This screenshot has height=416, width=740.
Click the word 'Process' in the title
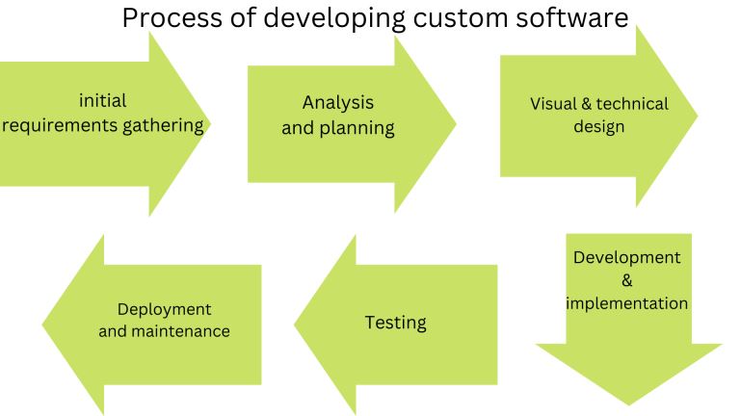coord(172,18)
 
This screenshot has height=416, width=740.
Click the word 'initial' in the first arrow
coord(102,100)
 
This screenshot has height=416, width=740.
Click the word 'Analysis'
coord(338,103)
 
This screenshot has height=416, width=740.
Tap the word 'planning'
coord(357,128)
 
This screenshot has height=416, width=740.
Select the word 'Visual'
coord(553,104)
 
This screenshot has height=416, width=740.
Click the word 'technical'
coord(632,104)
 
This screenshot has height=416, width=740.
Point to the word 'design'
coord(599,127)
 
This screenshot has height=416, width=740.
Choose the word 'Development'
coord(626,257)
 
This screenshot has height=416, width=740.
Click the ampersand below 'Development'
coord(626,280)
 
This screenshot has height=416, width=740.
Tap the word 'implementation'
coord(626,303)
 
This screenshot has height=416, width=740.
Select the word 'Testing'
coord(395,324)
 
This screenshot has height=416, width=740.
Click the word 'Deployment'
coord(164,310)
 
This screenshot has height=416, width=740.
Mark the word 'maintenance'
coord(181,331)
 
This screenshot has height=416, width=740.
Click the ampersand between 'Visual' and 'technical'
coord(587,104)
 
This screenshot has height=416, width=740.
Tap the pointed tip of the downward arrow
coord(628,405)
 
